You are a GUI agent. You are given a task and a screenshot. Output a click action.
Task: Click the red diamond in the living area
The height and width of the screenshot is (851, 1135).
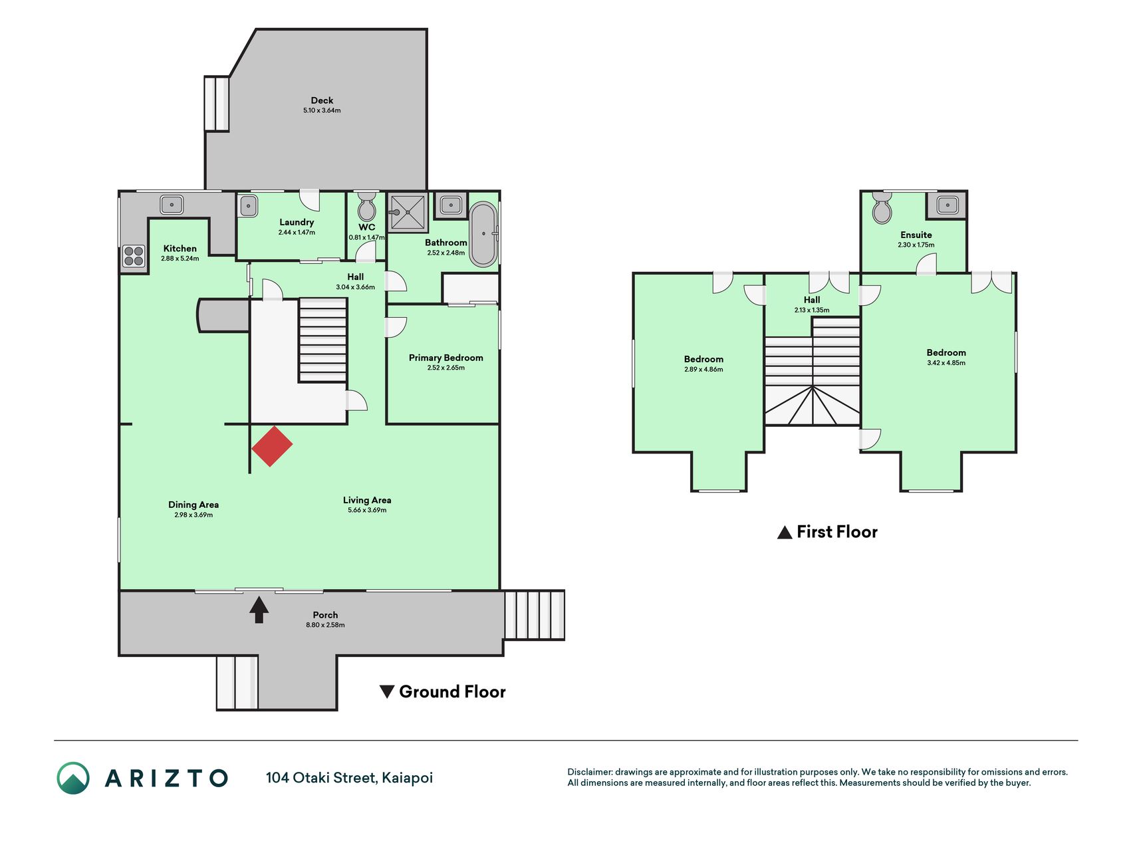[x=272, y=446]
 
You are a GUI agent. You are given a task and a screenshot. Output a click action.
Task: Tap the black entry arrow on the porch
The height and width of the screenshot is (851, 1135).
[x=259, y=610]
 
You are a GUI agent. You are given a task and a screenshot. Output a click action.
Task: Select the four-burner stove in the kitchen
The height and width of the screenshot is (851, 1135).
[x=134, y=256]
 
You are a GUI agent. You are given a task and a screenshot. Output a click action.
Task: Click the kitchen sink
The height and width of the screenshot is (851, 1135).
[x=172, y=204]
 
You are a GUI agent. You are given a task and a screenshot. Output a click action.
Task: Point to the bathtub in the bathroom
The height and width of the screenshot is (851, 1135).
[x=483, y=234]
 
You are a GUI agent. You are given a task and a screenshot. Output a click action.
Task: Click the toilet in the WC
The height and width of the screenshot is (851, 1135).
[x=366, y=207]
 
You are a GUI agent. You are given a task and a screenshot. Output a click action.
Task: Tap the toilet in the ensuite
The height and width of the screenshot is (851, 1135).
[x=882, y=208]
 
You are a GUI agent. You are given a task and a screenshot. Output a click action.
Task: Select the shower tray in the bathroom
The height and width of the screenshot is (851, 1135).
[x=407, y=212]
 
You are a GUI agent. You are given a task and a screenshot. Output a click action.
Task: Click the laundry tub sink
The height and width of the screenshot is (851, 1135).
[x=247, y=205]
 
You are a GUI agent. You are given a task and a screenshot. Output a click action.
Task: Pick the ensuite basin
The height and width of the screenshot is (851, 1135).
[x=947, y=205]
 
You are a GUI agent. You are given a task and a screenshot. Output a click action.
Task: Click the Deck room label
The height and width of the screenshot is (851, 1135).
[x=322, y=100]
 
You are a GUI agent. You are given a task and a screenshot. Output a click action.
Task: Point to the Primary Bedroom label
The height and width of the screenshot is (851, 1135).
[x=445, y=358]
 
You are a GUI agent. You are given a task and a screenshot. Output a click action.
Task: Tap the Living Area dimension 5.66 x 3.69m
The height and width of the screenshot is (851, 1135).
[x=367, y=511]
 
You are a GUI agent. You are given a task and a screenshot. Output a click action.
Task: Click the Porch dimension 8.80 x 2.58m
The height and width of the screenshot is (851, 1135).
[x=325, y=625]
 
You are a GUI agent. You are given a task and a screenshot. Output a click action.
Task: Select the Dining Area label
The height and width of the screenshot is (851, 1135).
[x=193, y=505]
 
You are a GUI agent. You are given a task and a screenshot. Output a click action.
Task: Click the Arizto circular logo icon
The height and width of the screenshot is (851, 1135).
[x=73, y=778]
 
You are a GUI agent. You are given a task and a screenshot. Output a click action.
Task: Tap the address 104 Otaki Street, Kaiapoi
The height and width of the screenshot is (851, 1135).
[x=349, y=778]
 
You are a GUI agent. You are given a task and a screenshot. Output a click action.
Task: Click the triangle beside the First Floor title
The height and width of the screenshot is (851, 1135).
[x=785, y=533]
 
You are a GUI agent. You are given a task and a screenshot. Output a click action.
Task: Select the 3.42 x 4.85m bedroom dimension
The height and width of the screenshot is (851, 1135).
[x=946, y=363]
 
